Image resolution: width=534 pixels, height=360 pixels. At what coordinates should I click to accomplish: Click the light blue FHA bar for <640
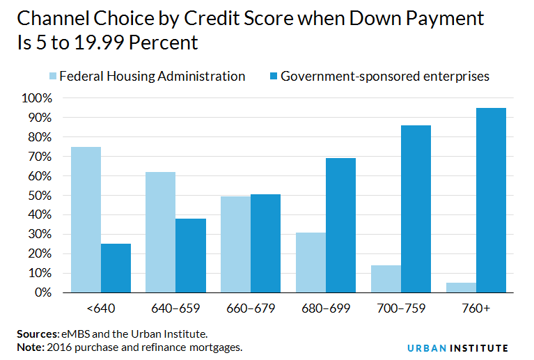coord(86,219)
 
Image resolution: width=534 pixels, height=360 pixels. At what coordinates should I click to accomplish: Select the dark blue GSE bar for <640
coord(116,268)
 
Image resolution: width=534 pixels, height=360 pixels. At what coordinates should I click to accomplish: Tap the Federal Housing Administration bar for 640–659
coord(161,232)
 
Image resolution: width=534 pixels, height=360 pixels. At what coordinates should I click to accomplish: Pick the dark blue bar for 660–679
coord(266,243)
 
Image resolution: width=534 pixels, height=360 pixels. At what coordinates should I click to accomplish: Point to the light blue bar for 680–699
coord(311,263)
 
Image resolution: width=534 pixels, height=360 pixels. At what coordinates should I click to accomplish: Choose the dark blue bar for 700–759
coord(416,209)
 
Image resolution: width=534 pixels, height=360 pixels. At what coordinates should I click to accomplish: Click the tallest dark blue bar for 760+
coord(492,200)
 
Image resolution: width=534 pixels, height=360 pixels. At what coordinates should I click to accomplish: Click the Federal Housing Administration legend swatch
coord(54,76)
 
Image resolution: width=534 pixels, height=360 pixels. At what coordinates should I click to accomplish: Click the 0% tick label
coord(42,292)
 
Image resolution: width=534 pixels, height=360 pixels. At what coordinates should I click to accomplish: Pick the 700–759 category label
coord(401,308)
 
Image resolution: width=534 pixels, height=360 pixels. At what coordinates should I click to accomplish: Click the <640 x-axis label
coord(100,308)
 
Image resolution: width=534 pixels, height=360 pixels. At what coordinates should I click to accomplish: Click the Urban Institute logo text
coord(457,347)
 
